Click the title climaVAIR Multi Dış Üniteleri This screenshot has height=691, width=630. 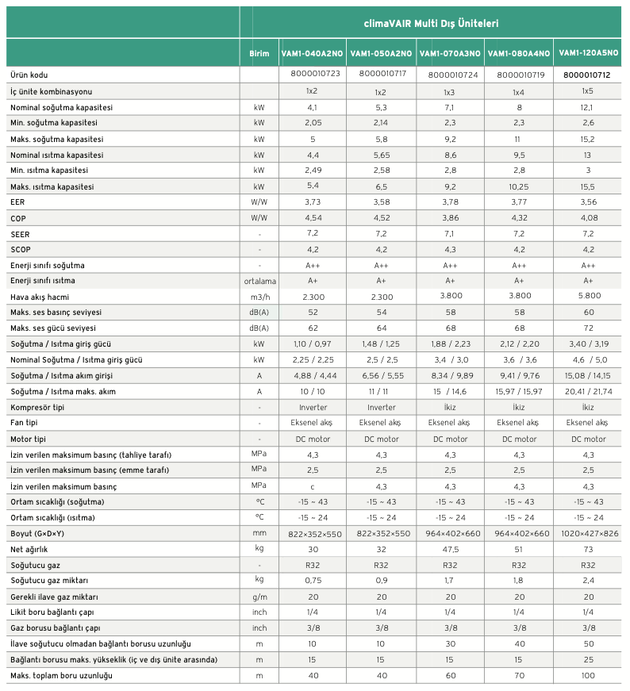[431, 23]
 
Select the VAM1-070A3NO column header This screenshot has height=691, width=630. [450, 53]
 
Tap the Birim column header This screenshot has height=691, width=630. [259, 53]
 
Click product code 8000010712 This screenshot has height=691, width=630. [587, 75]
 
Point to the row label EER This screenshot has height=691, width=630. [17, 202]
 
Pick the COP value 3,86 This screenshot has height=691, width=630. [450, 217]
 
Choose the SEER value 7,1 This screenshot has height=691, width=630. [449, 233]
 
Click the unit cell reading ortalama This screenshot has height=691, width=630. [259, 281]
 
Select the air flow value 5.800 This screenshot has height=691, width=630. [590, 295]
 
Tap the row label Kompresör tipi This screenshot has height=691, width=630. [37, 407]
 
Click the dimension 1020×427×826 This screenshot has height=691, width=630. [590, 534]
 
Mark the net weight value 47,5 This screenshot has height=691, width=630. [450, 550]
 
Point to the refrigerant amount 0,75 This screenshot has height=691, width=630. [313, 581]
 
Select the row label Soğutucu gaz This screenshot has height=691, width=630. [35, 565]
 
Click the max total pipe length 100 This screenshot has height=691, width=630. [588, 676]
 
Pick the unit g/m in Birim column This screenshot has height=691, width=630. [259, 597]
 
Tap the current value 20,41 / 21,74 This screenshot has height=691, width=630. [589, 391]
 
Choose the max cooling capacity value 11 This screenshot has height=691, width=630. [517, 140]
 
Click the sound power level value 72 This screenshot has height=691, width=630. [588, 328]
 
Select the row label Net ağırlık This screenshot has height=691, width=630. [29, 550]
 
